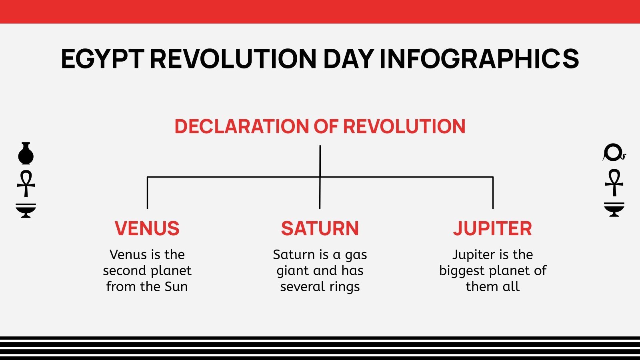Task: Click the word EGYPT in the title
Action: click(x=102, y=59)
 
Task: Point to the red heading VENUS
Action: click(x=147, y=228)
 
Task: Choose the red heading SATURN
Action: click(x=320, y=228)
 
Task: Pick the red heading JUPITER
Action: click(x=492, y=228)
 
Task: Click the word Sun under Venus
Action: click(x=176, y=286)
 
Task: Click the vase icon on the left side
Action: click(x=26, y=154)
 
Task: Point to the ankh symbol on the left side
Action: click(x=26, y=184)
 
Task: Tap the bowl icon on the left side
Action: click(x=26, y=210)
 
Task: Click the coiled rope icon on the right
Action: click(x=613, y=153)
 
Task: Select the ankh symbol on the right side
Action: click(x=614, y=183)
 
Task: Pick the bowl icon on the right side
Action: click(x=614, y=209)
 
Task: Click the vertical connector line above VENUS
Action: click(x=147, y=193)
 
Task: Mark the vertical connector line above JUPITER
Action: click(x=493, y=193)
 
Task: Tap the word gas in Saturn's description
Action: click(x=356, y=255)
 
